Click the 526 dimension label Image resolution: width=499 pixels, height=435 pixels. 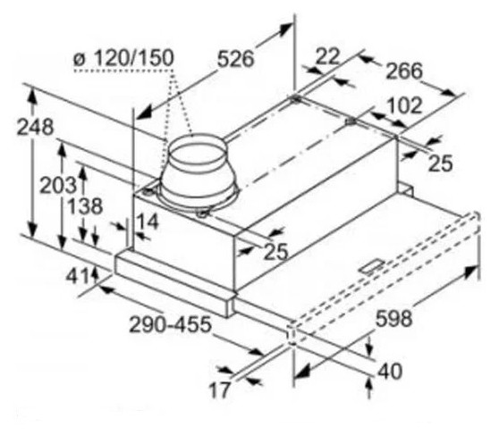[236, 59]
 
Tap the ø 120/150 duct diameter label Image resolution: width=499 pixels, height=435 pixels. [123, 58]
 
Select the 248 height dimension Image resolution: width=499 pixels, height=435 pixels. [35, 127]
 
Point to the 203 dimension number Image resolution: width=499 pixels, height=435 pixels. [58, 185]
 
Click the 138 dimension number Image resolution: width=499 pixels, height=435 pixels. [86, 205]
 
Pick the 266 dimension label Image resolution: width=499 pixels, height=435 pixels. [404, 71]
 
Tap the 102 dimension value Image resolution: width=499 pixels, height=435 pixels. [404, 106]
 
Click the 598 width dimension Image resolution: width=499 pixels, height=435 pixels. [394, 318]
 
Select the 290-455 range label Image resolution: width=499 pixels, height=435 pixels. [170, 324]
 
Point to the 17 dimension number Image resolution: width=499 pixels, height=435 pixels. [219, 389]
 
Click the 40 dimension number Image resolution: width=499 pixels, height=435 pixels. [390, 371]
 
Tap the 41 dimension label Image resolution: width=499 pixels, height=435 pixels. [77, 277]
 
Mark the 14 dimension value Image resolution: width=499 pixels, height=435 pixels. [147, 222]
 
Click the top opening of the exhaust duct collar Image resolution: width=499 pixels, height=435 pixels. [198, 149]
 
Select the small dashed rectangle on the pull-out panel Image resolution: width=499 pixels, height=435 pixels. [372, 266]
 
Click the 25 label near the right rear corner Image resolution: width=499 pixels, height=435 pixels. [441, 163]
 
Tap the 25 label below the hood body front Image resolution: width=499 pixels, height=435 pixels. [276, 252]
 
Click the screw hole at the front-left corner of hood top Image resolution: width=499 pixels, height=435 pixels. [148, 192]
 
